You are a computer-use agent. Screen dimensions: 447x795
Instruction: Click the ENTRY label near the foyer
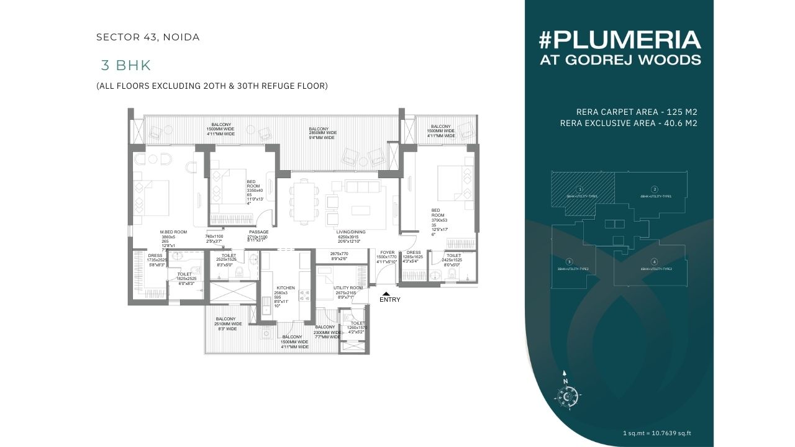(x=390, y=300)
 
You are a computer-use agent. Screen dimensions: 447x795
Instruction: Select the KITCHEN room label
(x=286, y=288)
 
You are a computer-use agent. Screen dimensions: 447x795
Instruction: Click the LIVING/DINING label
(x=352, y=232)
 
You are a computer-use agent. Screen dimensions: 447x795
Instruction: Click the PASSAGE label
(x=258, y=232)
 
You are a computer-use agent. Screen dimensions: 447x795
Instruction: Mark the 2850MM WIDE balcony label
(x=323, y=133)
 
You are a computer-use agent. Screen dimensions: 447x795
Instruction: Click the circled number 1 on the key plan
(x=579, y=189)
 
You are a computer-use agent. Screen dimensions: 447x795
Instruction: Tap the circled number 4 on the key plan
(x=654, y=261)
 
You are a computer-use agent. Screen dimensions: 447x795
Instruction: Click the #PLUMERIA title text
(x=619, y=40)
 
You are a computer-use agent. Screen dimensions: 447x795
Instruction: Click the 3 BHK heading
(x=126, y=65)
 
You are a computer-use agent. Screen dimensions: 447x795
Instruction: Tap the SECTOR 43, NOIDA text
(x=148, y=37)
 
